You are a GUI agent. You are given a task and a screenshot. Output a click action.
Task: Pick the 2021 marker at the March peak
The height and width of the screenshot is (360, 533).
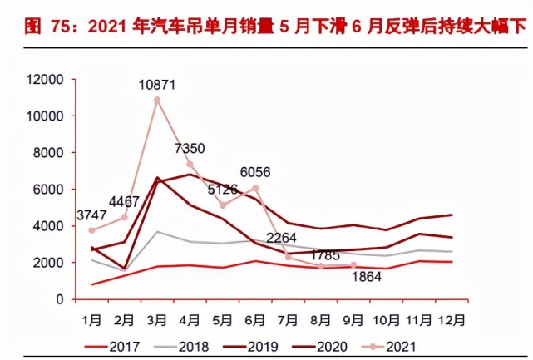[157, 100]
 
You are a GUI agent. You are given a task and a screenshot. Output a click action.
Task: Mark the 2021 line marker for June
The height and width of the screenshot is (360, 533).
[255, 188]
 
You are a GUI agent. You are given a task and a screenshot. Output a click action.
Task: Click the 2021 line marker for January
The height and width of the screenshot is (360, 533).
[91, 230]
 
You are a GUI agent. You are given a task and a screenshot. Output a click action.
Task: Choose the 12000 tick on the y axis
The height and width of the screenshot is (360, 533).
[45, 80]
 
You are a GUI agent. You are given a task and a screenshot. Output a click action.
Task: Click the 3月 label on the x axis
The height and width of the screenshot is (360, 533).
[157, 318]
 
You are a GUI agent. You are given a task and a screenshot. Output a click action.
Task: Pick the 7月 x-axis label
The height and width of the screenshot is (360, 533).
[289, 318]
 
